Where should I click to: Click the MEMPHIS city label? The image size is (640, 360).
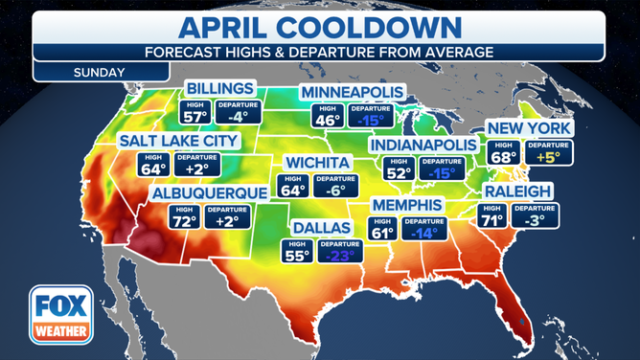click(x=407, y=206)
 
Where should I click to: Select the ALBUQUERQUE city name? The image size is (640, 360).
click(x=208, y=192)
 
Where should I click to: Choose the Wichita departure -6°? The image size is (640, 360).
click(x=331, y=190)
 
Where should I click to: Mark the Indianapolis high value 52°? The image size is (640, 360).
click(x=395, y=174)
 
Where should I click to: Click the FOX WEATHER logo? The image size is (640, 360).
click(x=60, y=315)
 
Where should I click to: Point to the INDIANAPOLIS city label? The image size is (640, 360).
click(x=422, y=144)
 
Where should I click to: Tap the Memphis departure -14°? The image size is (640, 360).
click(x=423, y=232)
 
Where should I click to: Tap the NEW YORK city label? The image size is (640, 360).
click(x=529, y=128)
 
